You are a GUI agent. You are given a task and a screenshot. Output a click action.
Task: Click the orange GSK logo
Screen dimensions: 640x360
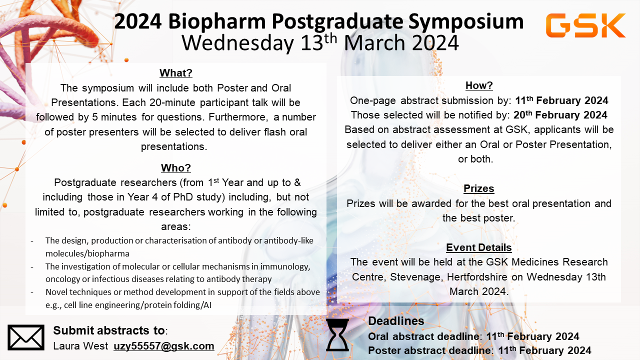pyautogui.click(x=585, y=25)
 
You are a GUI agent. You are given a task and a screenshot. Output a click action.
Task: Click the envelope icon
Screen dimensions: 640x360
pyautogui.click(x=26, y=337)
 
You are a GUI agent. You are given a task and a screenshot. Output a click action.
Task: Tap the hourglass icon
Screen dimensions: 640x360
pyautogui.click(x=337, y=335)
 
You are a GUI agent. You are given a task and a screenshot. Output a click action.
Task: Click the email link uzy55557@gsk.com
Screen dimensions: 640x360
pyautogui.click(x=164, y=346)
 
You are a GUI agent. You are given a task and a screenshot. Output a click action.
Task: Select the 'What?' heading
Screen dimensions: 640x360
pyautogui.click(x=176, y=73)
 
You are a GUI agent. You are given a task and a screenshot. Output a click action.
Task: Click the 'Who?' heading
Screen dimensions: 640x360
pyautogui.click(x=176, y=167)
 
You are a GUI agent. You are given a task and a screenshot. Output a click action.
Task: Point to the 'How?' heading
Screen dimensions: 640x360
pyautogui.click(x=479, y=85)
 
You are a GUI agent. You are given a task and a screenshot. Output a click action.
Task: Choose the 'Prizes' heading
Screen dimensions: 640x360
pyautogui.click(x=479, y=188)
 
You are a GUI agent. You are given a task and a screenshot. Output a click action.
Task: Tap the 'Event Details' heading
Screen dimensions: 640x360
pyautogui.click(x=479, y=247)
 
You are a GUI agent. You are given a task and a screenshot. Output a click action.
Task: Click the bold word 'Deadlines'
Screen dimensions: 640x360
pyautogui.click(x=396, y=321)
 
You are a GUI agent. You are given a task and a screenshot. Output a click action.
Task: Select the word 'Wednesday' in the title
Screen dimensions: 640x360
pyautogui.click(x=237, y=43)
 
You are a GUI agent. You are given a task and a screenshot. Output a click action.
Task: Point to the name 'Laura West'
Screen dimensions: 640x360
pyautogui.click(x=80, y=346)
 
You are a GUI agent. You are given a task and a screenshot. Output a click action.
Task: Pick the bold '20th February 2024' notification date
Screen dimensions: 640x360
pyautogui.click(x=560, y=115)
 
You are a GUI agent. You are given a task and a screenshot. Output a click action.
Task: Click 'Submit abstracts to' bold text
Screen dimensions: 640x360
pyautogui.click(x=109, y=330)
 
